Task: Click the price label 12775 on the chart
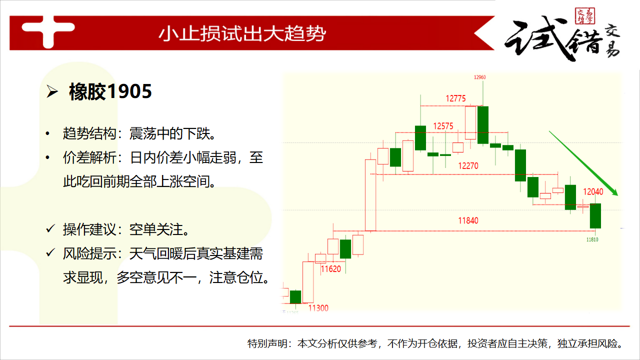[x=455, y=98]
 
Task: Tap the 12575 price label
[x=443, y=126]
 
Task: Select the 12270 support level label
[x=468, y=165]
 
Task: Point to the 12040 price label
[x=593, y=191]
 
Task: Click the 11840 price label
[x=468, y=220]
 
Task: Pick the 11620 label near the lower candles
[x=331, y=269]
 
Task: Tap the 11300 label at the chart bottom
[x=318, y=308]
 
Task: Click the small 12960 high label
[x=479, y=77]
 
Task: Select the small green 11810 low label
[x=592, y=239]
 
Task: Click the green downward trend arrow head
[x=614, y=192]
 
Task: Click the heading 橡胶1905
[x=110, y=91]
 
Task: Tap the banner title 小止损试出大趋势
[x=242, y=33]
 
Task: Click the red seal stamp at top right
[x=585, y=16]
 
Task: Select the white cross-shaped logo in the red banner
[x=48, y=31]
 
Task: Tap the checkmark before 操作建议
[x=50, y=228]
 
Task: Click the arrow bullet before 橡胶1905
[x=52, y=91]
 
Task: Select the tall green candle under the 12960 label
[x=483, y=125]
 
